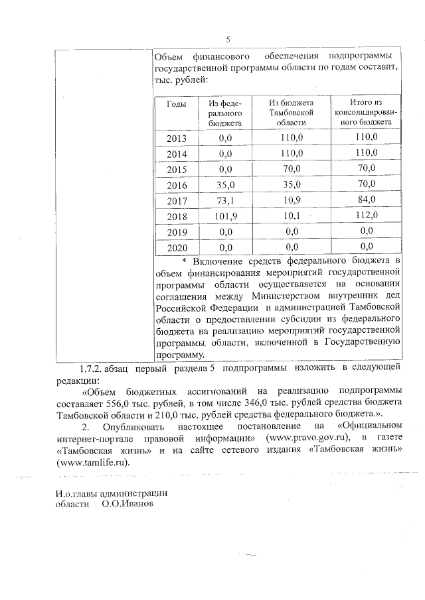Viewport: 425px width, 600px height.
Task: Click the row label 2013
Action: (x=177, y=139)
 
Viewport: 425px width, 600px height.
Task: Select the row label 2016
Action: (x=177, y=186)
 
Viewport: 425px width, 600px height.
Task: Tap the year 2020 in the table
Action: (x=177, y=248)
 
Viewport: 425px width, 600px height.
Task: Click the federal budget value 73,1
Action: (x=226, y=201)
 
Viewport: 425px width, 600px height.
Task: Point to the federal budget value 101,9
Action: (x=226, y=217)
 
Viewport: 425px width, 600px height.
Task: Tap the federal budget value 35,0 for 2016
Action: (x=226, y=186)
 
